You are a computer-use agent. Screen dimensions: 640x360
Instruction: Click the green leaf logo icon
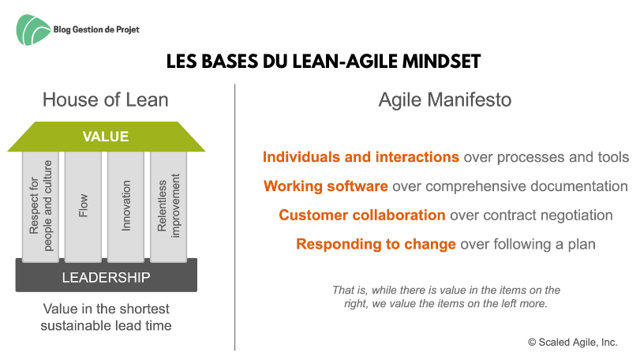coord(32,30)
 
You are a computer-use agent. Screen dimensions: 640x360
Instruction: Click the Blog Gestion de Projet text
coord(96,29)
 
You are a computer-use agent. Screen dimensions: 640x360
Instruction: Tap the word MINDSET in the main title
coord(441,62)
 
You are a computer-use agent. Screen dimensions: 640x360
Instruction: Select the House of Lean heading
coord(105,99)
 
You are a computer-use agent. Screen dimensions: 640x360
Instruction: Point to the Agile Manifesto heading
coord(445,99)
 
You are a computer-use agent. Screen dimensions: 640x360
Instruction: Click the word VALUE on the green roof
coord(106,137)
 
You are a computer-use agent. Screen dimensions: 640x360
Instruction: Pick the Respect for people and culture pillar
coord(40,206)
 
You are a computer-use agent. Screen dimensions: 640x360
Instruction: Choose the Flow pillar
coord(84,206)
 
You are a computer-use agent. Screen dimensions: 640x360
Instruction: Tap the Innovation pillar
coord(125,206)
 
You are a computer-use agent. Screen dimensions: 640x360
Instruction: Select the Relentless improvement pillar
coord(169,206)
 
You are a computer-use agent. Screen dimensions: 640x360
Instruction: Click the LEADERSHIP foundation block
coord(106,276)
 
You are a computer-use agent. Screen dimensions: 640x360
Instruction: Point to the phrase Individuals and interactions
coord(361,157)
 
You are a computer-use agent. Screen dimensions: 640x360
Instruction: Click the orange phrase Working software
coord(326,186)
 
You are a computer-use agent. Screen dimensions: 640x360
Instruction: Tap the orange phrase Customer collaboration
coord(362,215)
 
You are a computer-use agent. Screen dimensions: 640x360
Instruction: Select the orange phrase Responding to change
coord(376,244)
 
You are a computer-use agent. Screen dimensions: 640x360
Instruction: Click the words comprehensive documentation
coord(526,186)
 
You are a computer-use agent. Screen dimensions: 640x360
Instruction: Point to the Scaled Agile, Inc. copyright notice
coord(573,342)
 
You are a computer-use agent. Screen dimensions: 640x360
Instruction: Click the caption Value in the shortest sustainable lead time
coord(106,317)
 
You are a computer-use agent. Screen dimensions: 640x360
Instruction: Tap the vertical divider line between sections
coord(234,217)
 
